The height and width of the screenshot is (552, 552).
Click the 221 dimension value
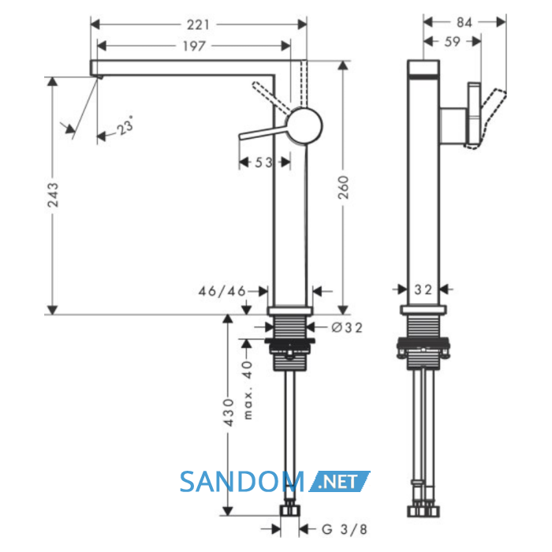pos(198,25)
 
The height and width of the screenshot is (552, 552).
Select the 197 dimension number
pos(194,46)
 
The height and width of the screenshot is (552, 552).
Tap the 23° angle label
pos(125,125)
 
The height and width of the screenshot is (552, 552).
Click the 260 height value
pos(343,188)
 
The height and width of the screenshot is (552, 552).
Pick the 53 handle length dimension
pos(263,162)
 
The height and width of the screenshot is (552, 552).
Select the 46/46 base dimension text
pos(222,291)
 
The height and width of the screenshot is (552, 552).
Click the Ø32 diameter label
pos(347,328)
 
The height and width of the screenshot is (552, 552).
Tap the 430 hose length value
pos(229,412)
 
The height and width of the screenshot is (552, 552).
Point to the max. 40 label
pos(248,390)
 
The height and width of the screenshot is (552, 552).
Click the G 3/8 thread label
pos(345,529)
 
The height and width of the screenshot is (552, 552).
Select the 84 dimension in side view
pos(464,23)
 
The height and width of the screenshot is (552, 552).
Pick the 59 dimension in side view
pos(453,42)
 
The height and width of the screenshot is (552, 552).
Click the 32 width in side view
pos(423,289)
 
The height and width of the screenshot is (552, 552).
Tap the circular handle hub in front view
pos(304,125)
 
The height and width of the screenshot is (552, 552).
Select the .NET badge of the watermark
pos(339,481)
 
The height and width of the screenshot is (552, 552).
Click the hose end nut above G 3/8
pos(290,510)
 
